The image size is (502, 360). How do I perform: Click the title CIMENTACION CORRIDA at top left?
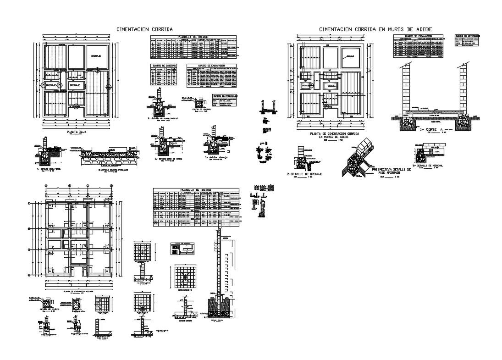[144, 29]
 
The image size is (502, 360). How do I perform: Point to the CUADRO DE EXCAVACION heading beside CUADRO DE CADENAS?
[211, 65]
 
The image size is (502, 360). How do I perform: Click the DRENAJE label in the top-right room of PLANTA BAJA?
[96, 55]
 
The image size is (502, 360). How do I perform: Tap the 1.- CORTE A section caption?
[436, 130]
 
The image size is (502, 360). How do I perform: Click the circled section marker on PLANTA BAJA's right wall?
[108, 87]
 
